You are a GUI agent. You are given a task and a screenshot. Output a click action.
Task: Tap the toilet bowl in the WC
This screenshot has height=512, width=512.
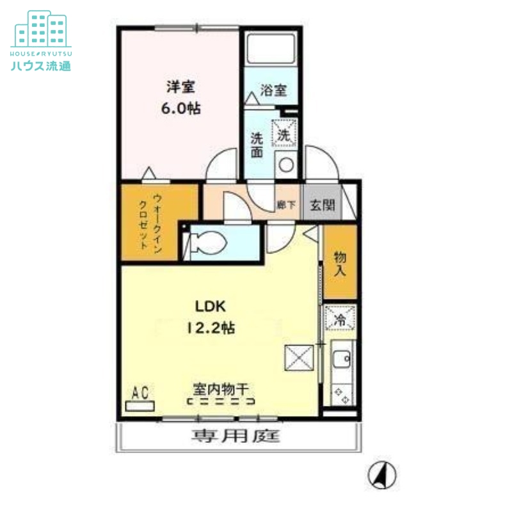point(209,243)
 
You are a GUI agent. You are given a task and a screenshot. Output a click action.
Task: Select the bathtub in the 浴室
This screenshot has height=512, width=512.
point(271,49)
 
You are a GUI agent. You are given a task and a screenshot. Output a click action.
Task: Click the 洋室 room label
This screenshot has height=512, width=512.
point(180,86)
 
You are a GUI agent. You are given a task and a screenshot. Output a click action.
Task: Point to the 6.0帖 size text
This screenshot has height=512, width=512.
point(181,108)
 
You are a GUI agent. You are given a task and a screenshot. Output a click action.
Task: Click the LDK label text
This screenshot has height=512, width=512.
point(211,307)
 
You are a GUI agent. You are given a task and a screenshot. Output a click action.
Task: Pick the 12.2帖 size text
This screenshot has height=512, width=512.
point(211,328)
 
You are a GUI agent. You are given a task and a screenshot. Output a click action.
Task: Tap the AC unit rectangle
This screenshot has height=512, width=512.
point(140,406)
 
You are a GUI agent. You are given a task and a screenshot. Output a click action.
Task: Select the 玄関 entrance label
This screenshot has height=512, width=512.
point(323,205)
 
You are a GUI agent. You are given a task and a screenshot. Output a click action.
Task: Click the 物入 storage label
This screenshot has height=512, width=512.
point(340,264)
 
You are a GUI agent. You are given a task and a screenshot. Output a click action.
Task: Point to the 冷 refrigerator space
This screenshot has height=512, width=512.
point(340,317)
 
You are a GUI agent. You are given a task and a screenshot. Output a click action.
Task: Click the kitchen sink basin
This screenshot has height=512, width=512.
point(342,359)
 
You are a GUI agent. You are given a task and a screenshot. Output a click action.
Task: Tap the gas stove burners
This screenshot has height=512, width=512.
point(342,395)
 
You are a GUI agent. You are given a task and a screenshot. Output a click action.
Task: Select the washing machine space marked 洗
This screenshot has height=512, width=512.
point(284,133)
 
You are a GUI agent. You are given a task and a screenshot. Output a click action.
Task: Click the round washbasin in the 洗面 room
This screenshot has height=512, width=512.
point(286,164)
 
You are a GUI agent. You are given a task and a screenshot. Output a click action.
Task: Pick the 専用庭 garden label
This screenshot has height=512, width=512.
point(236,436)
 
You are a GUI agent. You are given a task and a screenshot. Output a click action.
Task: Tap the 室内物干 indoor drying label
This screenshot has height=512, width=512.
point(221,388)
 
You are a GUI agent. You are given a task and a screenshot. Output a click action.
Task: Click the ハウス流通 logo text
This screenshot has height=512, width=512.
point(41,66)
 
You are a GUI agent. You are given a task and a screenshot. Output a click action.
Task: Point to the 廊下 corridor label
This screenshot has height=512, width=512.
point(286,205)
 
